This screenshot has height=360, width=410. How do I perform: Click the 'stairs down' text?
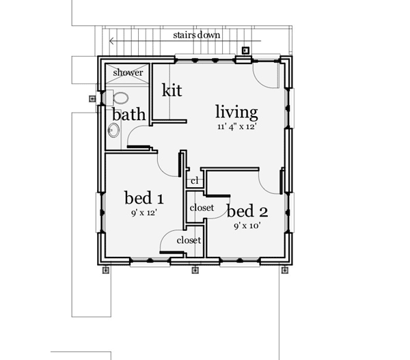196,34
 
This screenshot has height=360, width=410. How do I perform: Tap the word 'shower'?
128,72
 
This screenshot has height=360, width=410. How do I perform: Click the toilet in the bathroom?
120,98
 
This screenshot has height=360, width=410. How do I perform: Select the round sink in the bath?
112,128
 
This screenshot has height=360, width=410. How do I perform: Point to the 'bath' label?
128,114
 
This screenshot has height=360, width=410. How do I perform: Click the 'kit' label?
172,89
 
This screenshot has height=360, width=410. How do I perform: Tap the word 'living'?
236,111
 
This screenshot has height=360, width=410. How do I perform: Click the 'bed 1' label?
143,198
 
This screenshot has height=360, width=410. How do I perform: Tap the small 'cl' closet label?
194,181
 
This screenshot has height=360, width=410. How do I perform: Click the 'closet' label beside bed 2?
202,208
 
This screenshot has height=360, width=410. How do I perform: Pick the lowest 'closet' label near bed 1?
189,240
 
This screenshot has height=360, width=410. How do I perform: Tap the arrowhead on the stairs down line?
112,41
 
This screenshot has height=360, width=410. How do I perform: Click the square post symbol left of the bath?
92,98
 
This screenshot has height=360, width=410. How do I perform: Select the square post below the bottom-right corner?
284,270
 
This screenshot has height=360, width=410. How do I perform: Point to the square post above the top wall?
245,49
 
